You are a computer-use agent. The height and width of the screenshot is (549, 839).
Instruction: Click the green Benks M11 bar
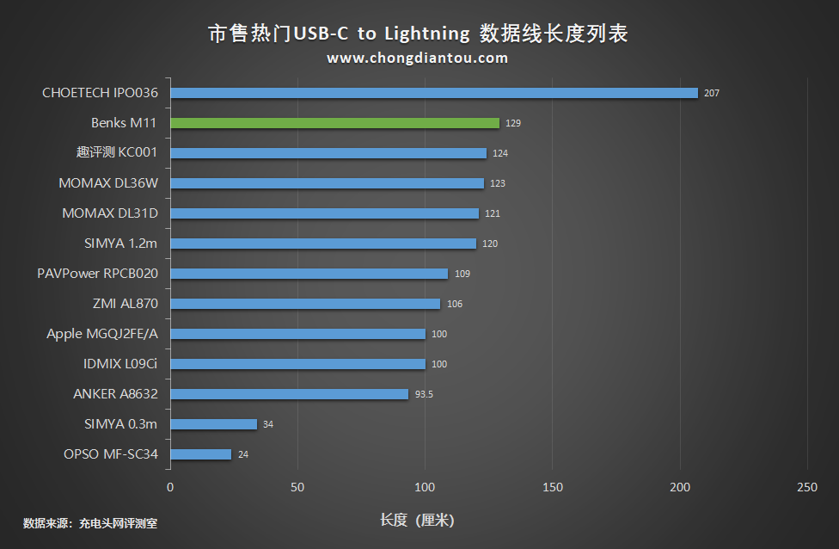pyautogui.click(x=334, y=123)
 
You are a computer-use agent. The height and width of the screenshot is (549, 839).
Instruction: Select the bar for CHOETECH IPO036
pyautogui.click(x=434, y=93)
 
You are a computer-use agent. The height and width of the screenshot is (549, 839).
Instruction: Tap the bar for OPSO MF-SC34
pyautogui.click(x=201, y=454)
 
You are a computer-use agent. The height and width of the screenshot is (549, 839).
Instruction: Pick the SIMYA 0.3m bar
pyautogui.click(x=214, y=424)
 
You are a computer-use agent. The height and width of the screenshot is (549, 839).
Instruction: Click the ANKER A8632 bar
pyautogui.click(x=289, y=394)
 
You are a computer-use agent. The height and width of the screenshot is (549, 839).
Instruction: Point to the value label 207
pyautogui.click(x=711, y=93)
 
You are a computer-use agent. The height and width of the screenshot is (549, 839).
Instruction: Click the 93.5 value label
pyautogui.click(x=424, y=394)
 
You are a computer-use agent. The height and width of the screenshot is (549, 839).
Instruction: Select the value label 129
pyautogui.click(x=513, y=123)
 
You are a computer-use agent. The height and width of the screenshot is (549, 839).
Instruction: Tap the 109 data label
pyautogui.click(x=462, y=274)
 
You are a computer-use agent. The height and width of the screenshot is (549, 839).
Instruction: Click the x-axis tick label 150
pyautogui.click(x=553, y=488)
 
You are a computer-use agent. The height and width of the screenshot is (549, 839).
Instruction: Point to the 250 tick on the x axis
pyautogui.click(x=807, y=488)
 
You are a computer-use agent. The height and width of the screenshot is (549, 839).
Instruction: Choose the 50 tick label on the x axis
pyautogui.click(x=297, y=488)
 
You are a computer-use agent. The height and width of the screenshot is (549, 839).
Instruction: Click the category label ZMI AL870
pyautogui.click(x=126, y=304)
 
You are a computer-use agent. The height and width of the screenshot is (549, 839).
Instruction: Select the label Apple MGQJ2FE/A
pyautogui.click(x=102, y=334)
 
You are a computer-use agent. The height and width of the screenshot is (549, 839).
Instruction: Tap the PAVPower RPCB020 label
pyautogui.click(x=98, y=274)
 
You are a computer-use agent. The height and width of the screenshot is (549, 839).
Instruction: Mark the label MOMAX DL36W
pyautogui.click(x=108, y=183)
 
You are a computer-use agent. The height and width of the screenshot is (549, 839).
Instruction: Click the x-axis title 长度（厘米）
pyautogui.click(x=418, y=520)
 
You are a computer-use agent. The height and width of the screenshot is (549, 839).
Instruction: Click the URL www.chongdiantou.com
pyautogui.click(x=418, y=59)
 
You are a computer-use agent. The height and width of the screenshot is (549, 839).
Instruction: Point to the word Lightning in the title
pyautogui.click(x=427, y=34)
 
